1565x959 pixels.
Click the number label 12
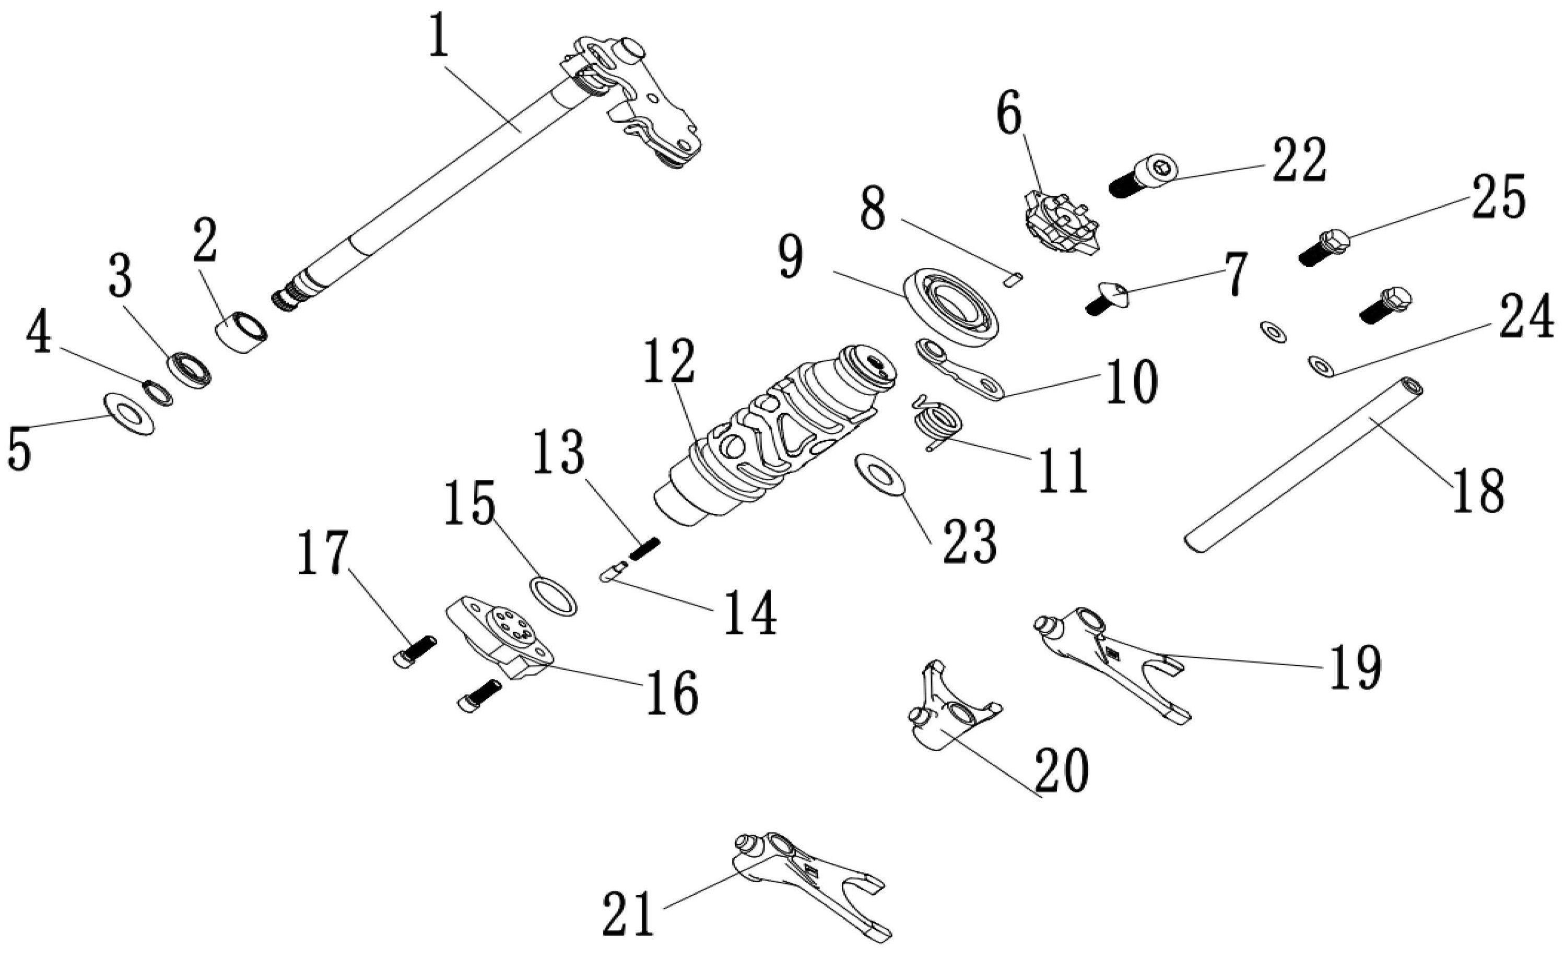pyautogui.click(x=669, y=361)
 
